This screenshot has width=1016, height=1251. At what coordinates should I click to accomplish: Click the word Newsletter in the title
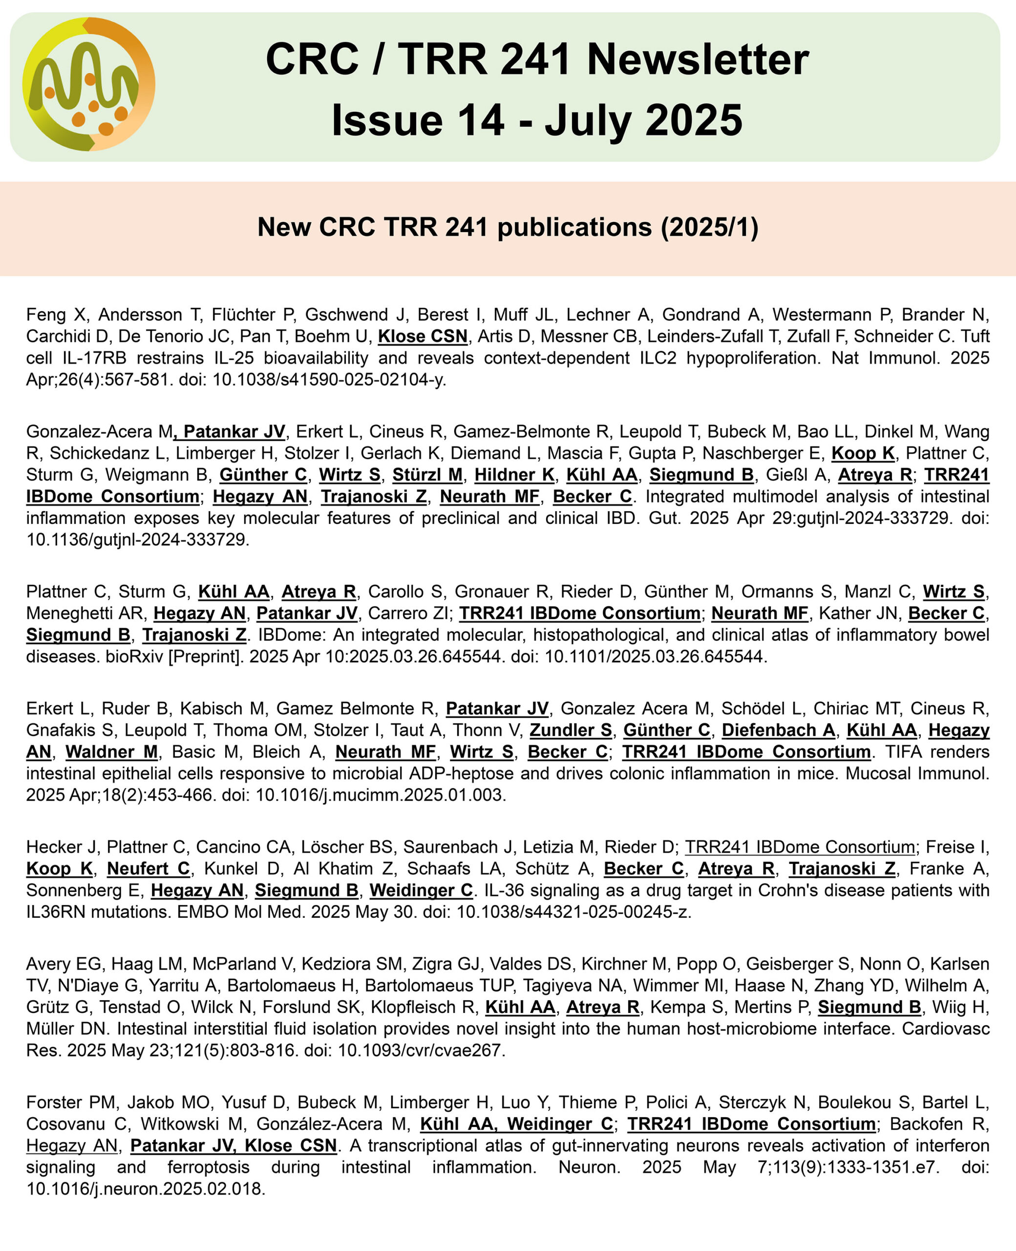tap(698, 60)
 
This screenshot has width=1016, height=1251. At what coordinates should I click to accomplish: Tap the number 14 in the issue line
tap(481, 120)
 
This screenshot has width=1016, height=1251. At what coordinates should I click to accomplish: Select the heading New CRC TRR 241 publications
tap(508, 227)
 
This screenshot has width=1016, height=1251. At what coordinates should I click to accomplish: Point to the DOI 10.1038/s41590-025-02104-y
tap(329, 380)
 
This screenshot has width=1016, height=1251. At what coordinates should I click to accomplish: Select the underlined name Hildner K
tap(514, 475)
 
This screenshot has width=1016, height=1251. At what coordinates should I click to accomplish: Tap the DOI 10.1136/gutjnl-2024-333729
tap(138, 540)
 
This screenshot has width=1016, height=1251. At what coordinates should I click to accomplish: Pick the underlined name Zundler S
tap(571, 731)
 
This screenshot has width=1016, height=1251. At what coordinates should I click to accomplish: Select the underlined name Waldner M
tap(111, 752)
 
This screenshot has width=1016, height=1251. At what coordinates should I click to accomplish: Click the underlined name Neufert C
tap(148, 869)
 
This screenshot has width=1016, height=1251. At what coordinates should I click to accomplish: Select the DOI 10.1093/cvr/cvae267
tap(420, 1051)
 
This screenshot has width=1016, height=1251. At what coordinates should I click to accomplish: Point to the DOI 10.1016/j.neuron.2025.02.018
tap(146, 1189)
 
